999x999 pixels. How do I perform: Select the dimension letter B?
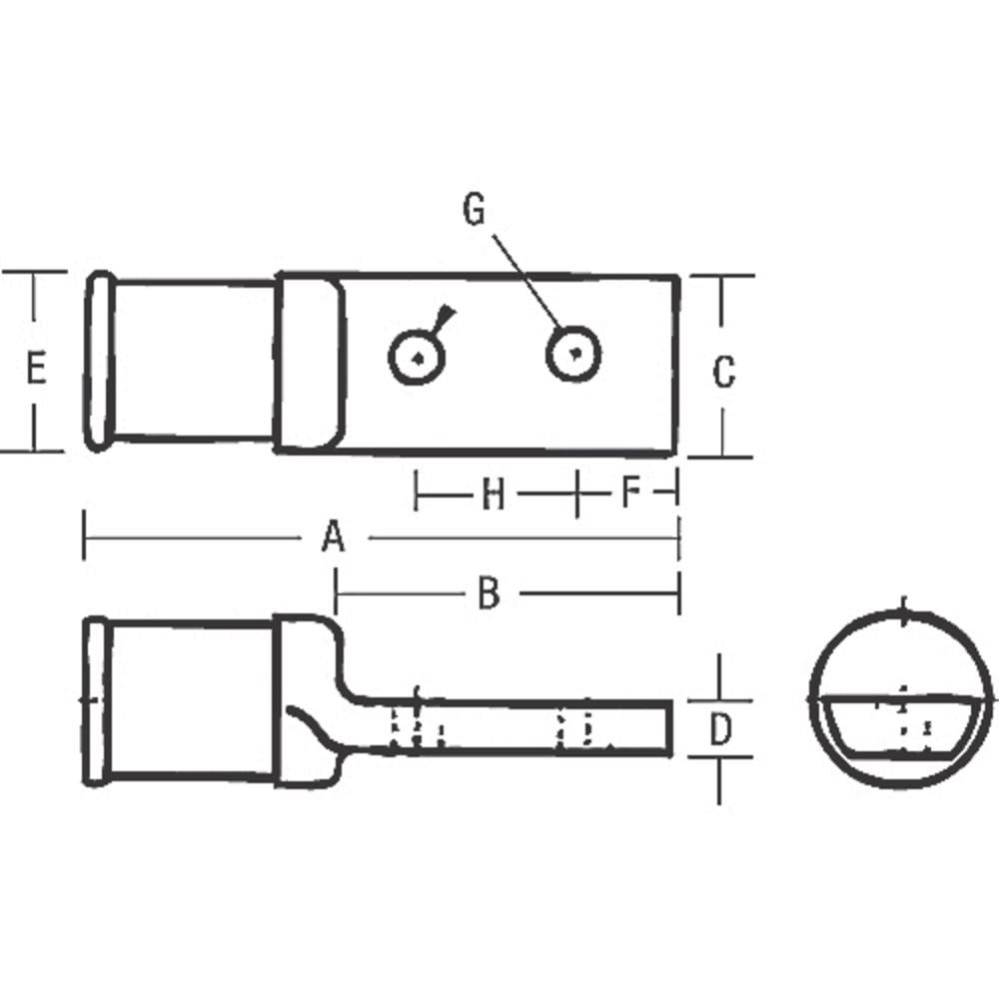pyautogui.click(x=488, y=594)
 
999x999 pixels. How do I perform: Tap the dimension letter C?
pyautogui.click(x=723, y=372)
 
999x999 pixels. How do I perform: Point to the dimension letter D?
pyautogui.click(x=720, y=729)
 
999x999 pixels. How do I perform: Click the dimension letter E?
pyautogui.click(x=35, y=370)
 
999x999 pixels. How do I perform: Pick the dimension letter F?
pyautogui.click(x=629, y=493)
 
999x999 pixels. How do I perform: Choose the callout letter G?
pyautogui.click(x=474, y=210)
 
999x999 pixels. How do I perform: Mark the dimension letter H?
pyautogui.click(x=493, y=494)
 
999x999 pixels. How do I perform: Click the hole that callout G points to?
pyautogui.click(x=573, y=353)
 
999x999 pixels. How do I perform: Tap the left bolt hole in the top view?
pyautogui.click(x=416, y=356)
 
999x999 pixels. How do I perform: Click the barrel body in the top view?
pyautogui.click(x=193, y=360)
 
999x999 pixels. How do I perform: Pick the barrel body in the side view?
pyautogui.click(x=190, y=699)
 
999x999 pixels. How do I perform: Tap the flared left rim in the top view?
pyautogui.click(x=98, y=360)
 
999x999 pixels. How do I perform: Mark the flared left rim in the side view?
pyautogui.click(x=95, y=700)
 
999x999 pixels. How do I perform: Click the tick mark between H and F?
pyautogui.click(x=577, y=493)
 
